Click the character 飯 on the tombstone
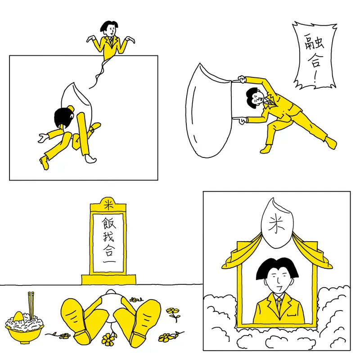[x=108, y=223]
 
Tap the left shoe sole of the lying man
[x=74, y=315]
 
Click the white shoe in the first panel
[x=91, y=158]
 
